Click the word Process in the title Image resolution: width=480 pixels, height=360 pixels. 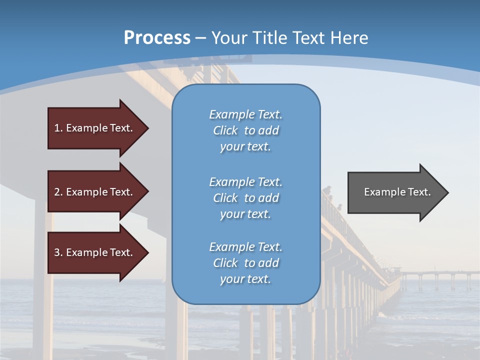(x=157, y=38)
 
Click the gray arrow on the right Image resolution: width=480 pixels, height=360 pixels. (x=395, y=192)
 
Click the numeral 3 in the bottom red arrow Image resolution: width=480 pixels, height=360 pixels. (x=57, y=252)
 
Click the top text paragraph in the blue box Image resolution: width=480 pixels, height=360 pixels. (x=245, y=130)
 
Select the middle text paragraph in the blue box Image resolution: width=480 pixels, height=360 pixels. (x=245, y=198)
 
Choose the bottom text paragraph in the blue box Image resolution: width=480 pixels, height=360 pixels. (x=245, y=263)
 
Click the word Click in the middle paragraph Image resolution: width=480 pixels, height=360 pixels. (x=225, y=198)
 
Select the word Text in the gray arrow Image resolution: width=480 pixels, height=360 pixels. (x=419, y=192)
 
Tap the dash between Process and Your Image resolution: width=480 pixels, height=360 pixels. (x=201, y=38)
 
